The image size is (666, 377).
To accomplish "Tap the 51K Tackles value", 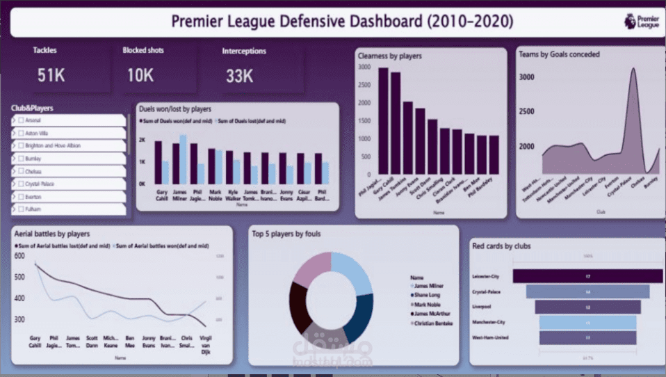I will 51,75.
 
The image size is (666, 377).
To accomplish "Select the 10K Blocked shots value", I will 140,75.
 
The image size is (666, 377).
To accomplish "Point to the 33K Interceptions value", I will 239,76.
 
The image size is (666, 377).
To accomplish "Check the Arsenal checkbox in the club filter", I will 20,120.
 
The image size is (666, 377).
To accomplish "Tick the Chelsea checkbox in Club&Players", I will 20,171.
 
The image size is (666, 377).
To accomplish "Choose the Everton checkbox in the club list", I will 20,197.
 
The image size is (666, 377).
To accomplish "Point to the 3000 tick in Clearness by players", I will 364,67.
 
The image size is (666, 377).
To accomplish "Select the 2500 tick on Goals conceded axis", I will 526,111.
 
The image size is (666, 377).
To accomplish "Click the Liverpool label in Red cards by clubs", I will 482,307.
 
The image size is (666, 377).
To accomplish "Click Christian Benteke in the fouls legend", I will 434,323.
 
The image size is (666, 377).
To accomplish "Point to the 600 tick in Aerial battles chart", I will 19,256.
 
